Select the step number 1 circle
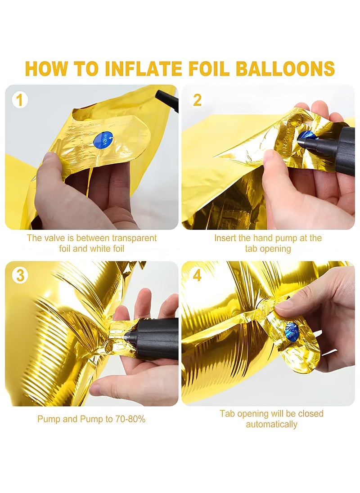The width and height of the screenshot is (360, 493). click(x=19, y=100)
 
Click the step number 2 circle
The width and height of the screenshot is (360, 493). click(x=197, y=100)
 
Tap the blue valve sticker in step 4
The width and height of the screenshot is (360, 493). click(x=292, y=332)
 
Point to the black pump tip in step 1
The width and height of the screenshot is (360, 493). click(x=166, y=100)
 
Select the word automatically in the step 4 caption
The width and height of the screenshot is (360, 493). click(x=271, y=424)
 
